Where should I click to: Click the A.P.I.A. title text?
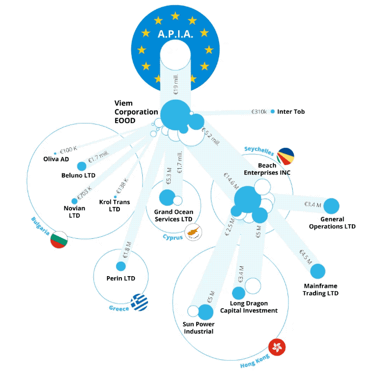point(175,35)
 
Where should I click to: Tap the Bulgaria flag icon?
point(60,239)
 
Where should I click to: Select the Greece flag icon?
point(139,302)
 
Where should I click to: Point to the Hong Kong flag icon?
point(278,347)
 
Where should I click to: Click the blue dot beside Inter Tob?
point(272,112)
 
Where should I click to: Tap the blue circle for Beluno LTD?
point(81,166)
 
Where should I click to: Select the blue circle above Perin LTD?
point(121,266)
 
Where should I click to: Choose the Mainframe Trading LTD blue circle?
point(318,271)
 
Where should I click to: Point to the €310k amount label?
point(258,112)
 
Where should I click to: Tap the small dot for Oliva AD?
point(55,154)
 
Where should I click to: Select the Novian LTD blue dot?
point(74,201)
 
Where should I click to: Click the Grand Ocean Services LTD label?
point(173,215)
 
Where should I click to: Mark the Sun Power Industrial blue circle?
point(206,312)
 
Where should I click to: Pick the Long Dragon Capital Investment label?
point(249,307)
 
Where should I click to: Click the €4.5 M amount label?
point(305,257)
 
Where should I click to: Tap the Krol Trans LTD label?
point(115,206)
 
